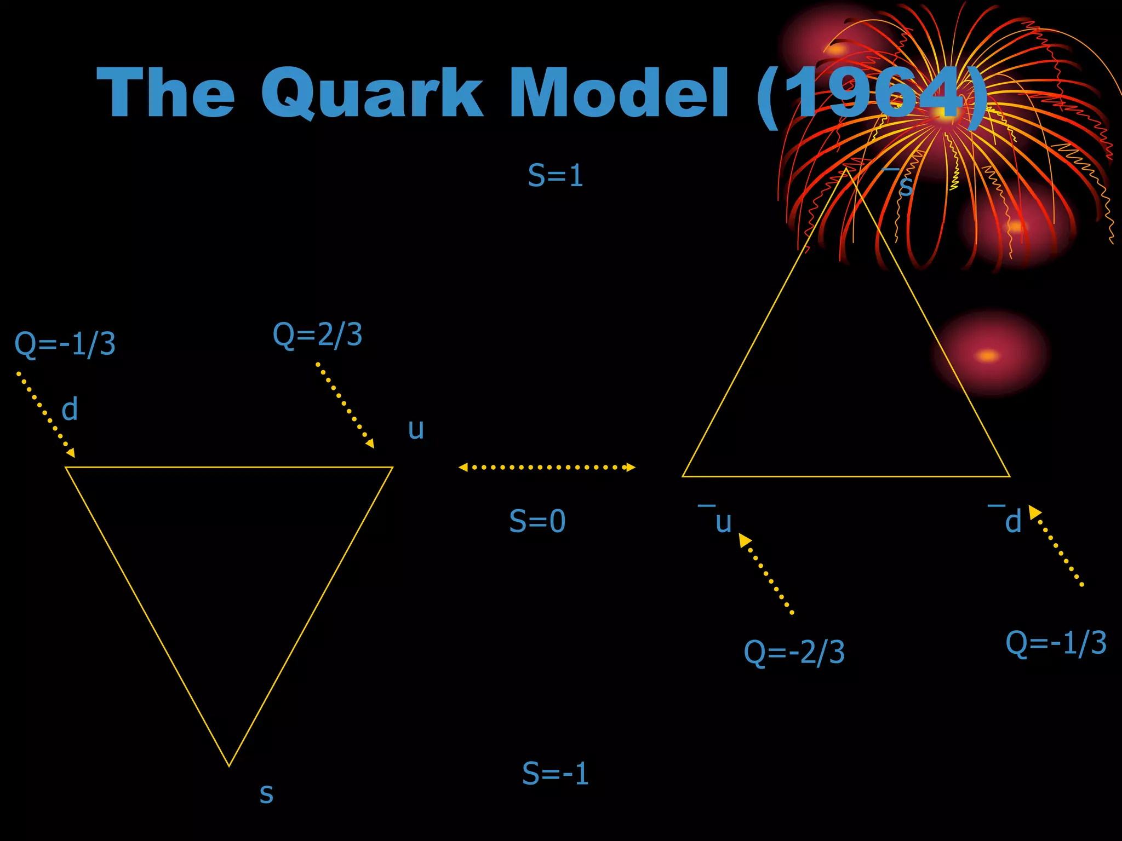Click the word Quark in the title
371,93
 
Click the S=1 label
555,176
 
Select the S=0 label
537,521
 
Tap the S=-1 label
555,773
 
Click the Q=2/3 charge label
318,334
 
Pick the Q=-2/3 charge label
794,652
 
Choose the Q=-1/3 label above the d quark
65,344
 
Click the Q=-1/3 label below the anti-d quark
1056,642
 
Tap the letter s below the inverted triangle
266,793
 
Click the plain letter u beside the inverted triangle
416,429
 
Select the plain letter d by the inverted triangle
70,410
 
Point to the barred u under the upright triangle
722,521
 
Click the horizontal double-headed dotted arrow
547,467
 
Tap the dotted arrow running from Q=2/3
345,405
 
